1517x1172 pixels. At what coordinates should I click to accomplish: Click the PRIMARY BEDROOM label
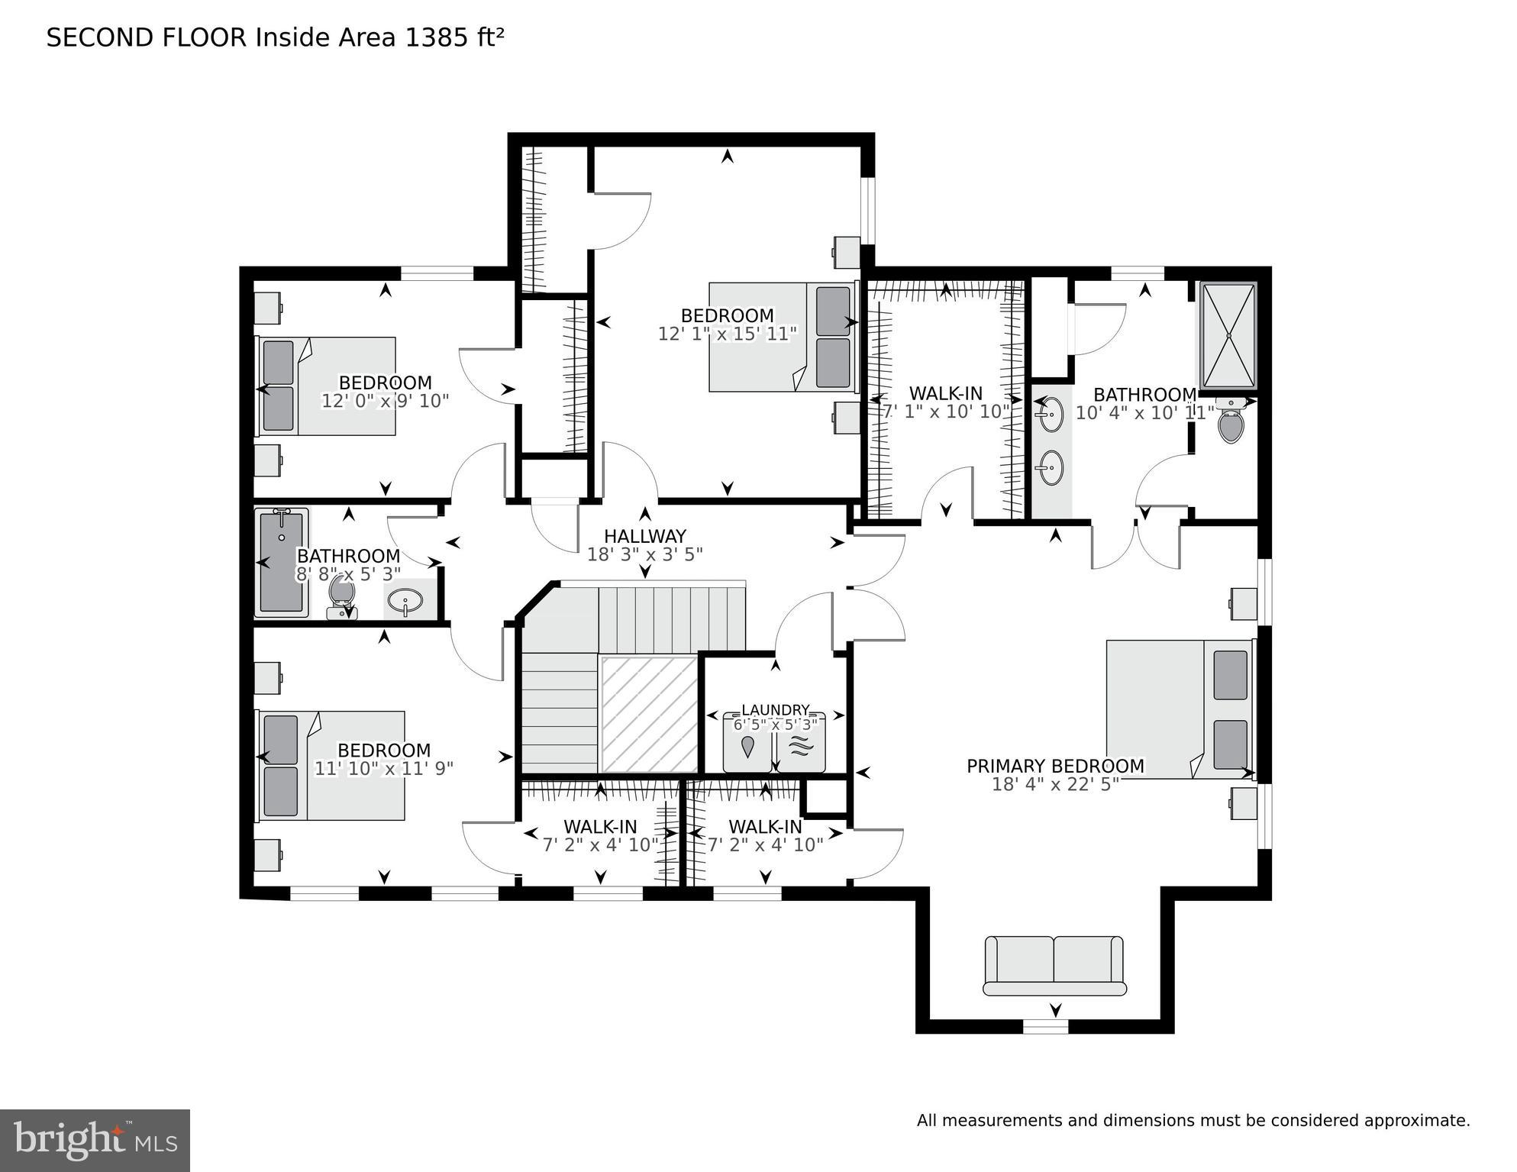pyautogui.click(x=1055, y=766)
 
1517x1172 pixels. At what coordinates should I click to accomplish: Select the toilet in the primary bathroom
pyautogui.click(x=1231, y=425)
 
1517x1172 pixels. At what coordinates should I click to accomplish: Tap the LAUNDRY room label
pyautogui.click(x=775, y=710)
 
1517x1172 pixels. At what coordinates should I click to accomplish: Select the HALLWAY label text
pyautogui.click(x=645, y=536)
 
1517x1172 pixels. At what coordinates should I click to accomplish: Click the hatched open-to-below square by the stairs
pyautogui.click(x=649, y=713)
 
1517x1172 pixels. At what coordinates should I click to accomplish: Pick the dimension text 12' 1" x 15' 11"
pyautogui.click(x=727, y=334)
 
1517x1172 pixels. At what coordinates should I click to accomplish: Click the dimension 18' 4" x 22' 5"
pyautogui.click(x=1055, y=784)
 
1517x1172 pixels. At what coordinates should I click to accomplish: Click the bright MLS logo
pyautogui.click(x=95, y=1140)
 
